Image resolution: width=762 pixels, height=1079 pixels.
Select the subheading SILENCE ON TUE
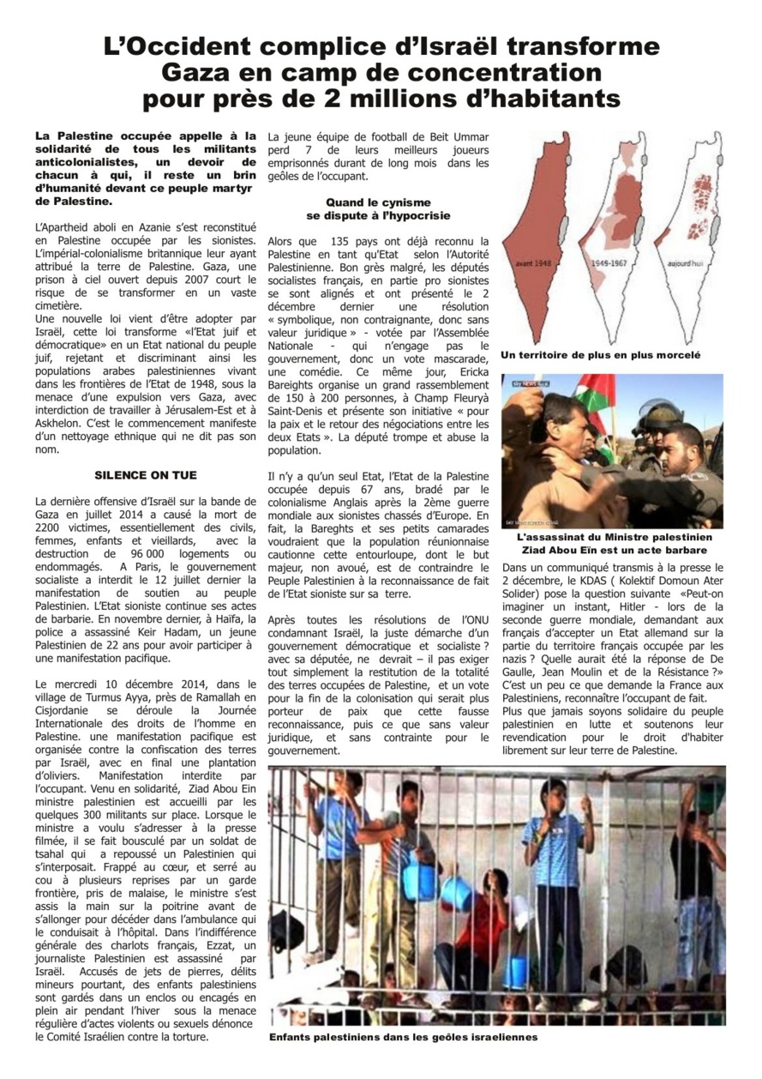[x=146, y=474]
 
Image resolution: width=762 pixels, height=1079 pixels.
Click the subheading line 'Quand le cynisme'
[x=378, y=202]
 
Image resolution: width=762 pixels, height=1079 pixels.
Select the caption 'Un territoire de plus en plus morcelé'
[x=600, y=354]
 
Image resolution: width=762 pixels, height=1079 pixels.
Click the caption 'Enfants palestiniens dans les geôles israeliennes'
[x=403, y=1037]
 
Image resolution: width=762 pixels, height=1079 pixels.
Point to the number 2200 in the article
[x=51, y=528]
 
